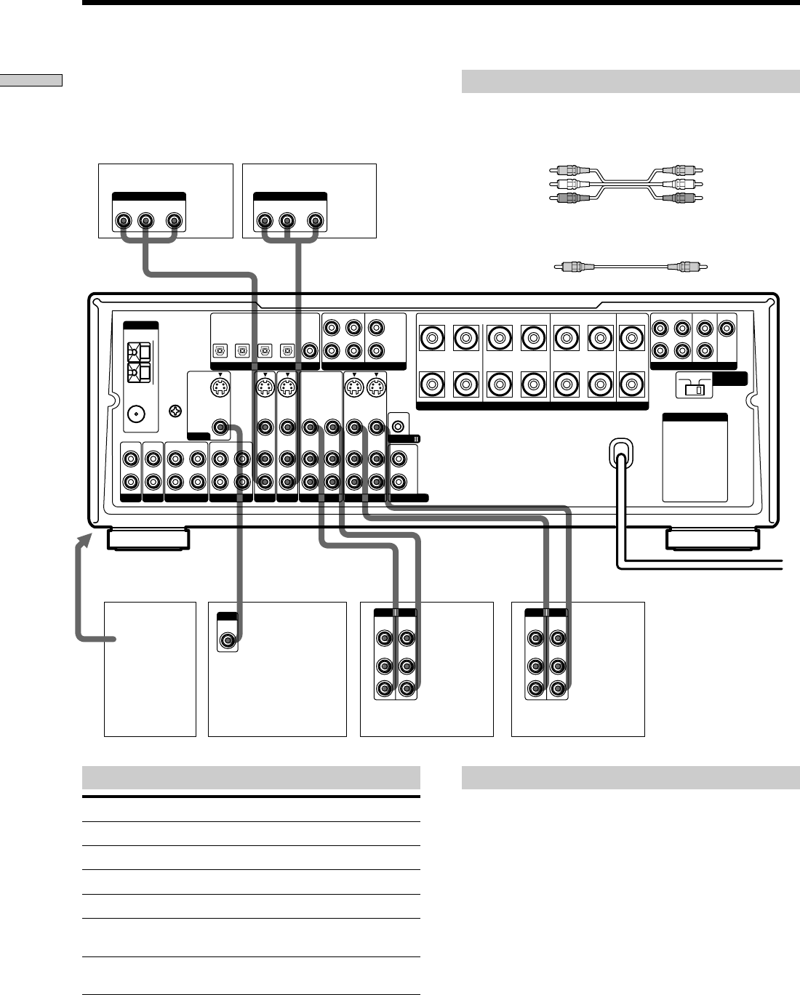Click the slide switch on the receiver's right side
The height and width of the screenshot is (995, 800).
tap(694, 388)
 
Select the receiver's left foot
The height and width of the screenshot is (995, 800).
tap(148, 539)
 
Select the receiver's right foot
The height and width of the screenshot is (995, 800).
tap(713, 539)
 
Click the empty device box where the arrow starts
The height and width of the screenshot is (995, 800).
tap(150, 669)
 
